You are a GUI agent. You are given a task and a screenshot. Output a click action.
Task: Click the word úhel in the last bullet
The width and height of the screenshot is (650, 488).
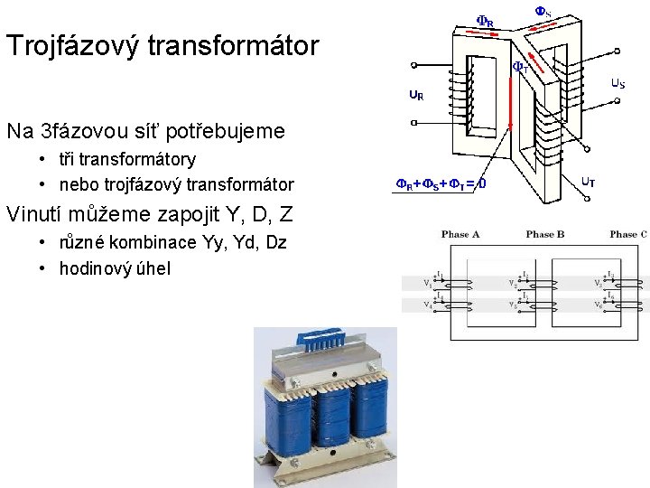pos(153,268)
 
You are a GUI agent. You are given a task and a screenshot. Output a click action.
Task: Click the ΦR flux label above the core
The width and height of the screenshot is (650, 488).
pos(485,21)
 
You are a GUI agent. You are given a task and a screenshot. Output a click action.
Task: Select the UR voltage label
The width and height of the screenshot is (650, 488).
pos(416,94)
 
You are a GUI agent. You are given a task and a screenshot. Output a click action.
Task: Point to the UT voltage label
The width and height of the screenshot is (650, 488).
pos(588,182)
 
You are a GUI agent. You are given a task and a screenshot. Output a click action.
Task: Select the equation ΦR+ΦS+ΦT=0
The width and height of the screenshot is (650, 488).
pos(441,184)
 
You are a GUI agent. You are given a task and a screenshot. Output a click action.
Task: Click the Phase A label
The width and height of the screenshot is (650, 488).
pos(460,235)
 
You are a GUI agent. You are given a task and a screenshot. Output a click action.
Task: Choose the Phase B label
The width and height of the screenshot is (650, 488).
pos(544,235)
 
